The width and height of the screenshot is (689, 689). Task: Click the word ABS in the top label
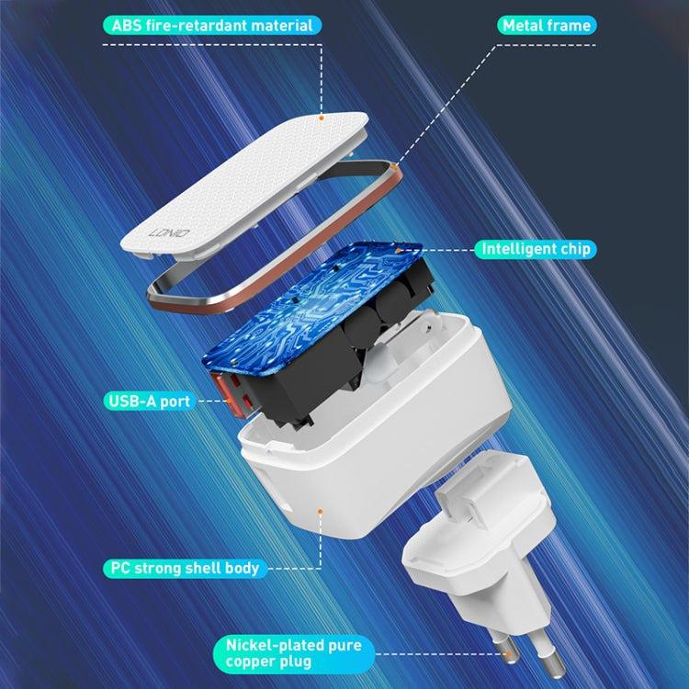point(127,26)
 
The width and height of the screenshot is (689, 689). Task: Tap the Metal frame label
point(546,26)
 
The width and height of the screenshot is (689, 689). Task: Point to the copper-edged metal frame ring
point(276,303)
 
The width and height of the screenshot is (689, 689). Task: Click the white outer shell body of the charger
point(367,469)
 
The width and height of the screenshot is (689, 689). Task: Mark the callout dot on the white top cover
point(322,117)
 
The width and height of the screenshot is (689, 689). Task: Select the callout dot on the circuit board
point(398,248)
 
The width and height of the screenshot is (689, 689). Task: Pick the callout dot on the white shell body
point(320,508)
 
